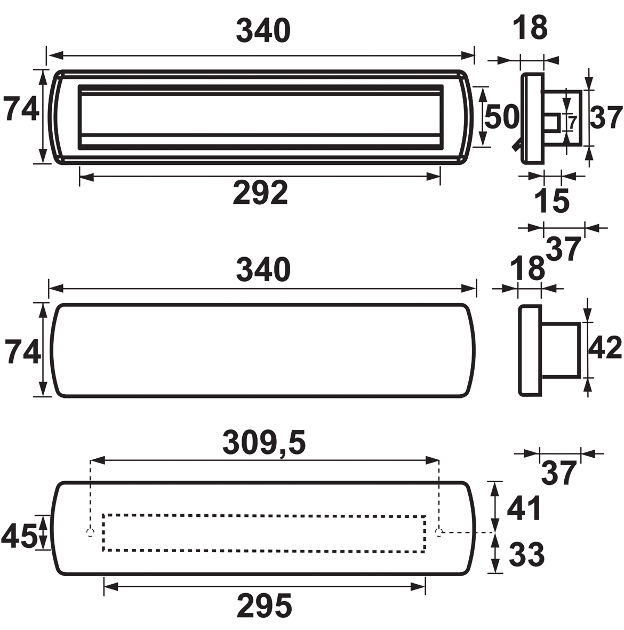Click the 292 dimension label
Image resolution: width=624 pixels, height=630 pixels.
tap(260, 193)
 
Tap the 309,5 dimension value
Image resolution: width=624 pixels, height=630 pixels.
tap(264, 443)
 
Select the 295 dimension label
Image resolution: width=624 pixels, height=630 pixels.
tap(264, 606)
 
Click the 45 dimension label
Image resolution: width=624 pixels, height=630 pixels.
tap(19, 536)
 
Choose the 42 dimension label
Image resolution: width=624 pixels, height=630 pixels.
tap(605, 348)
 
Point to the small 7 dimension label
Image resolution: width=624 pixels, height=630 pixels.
tap(573, 122)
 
